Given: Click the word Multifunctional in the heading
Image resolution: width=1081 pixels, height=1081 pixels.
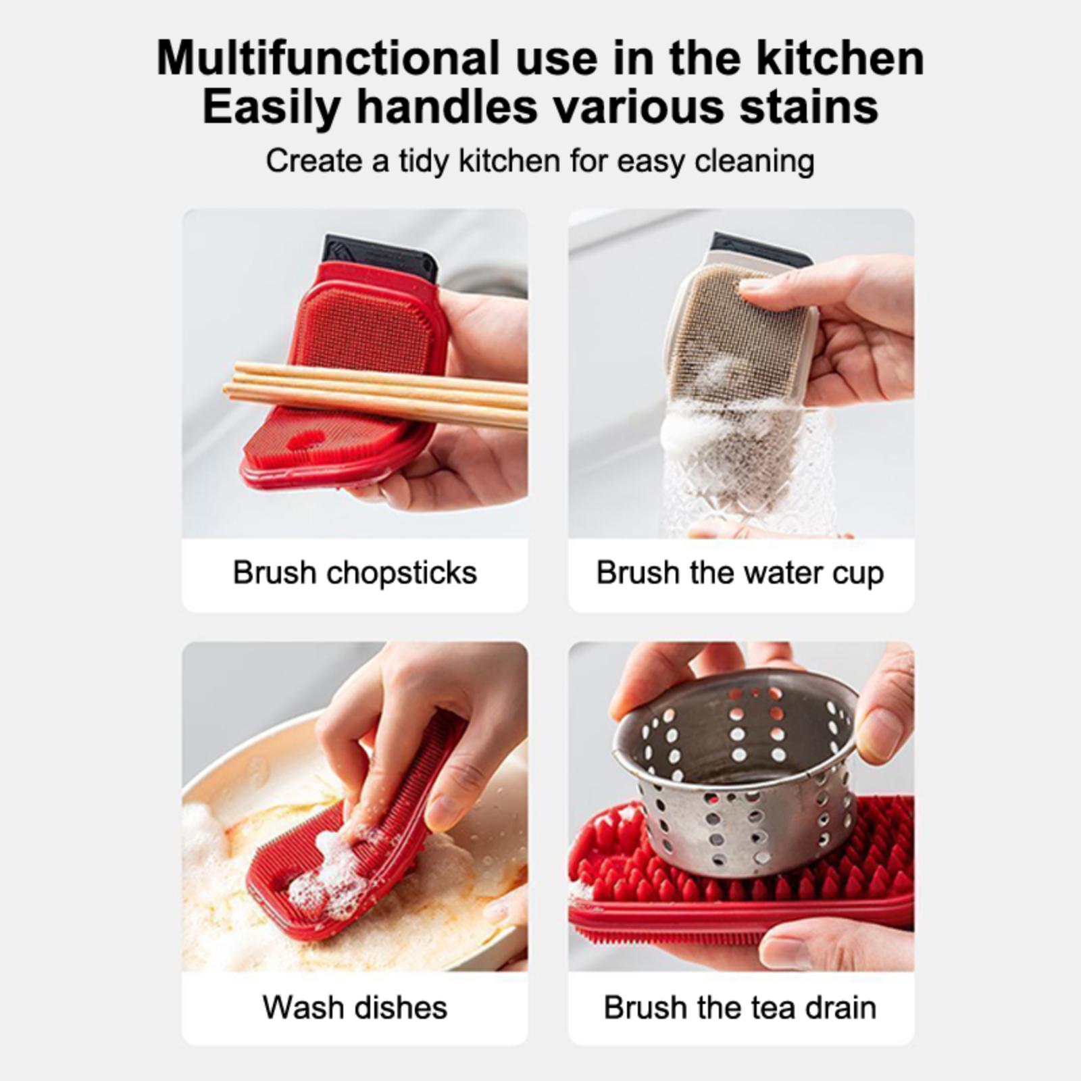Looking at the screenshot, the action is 328,59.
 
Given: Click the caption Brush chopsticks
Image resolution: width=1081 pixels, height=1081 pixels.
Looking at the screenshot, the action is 355,573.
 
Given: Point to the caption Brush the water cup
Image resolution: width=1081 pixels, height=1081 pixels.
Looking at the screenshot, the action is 740,574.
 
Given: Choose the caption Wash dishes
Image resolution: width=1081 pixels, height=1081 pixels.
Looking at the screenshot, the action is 355,1007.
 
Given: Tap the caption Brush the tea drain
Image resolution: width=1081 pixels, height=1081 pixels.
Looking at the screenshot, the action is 740,1007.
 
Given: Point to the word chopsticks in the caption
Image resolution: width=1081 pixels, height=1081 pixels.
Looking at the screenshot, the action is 402,574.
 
